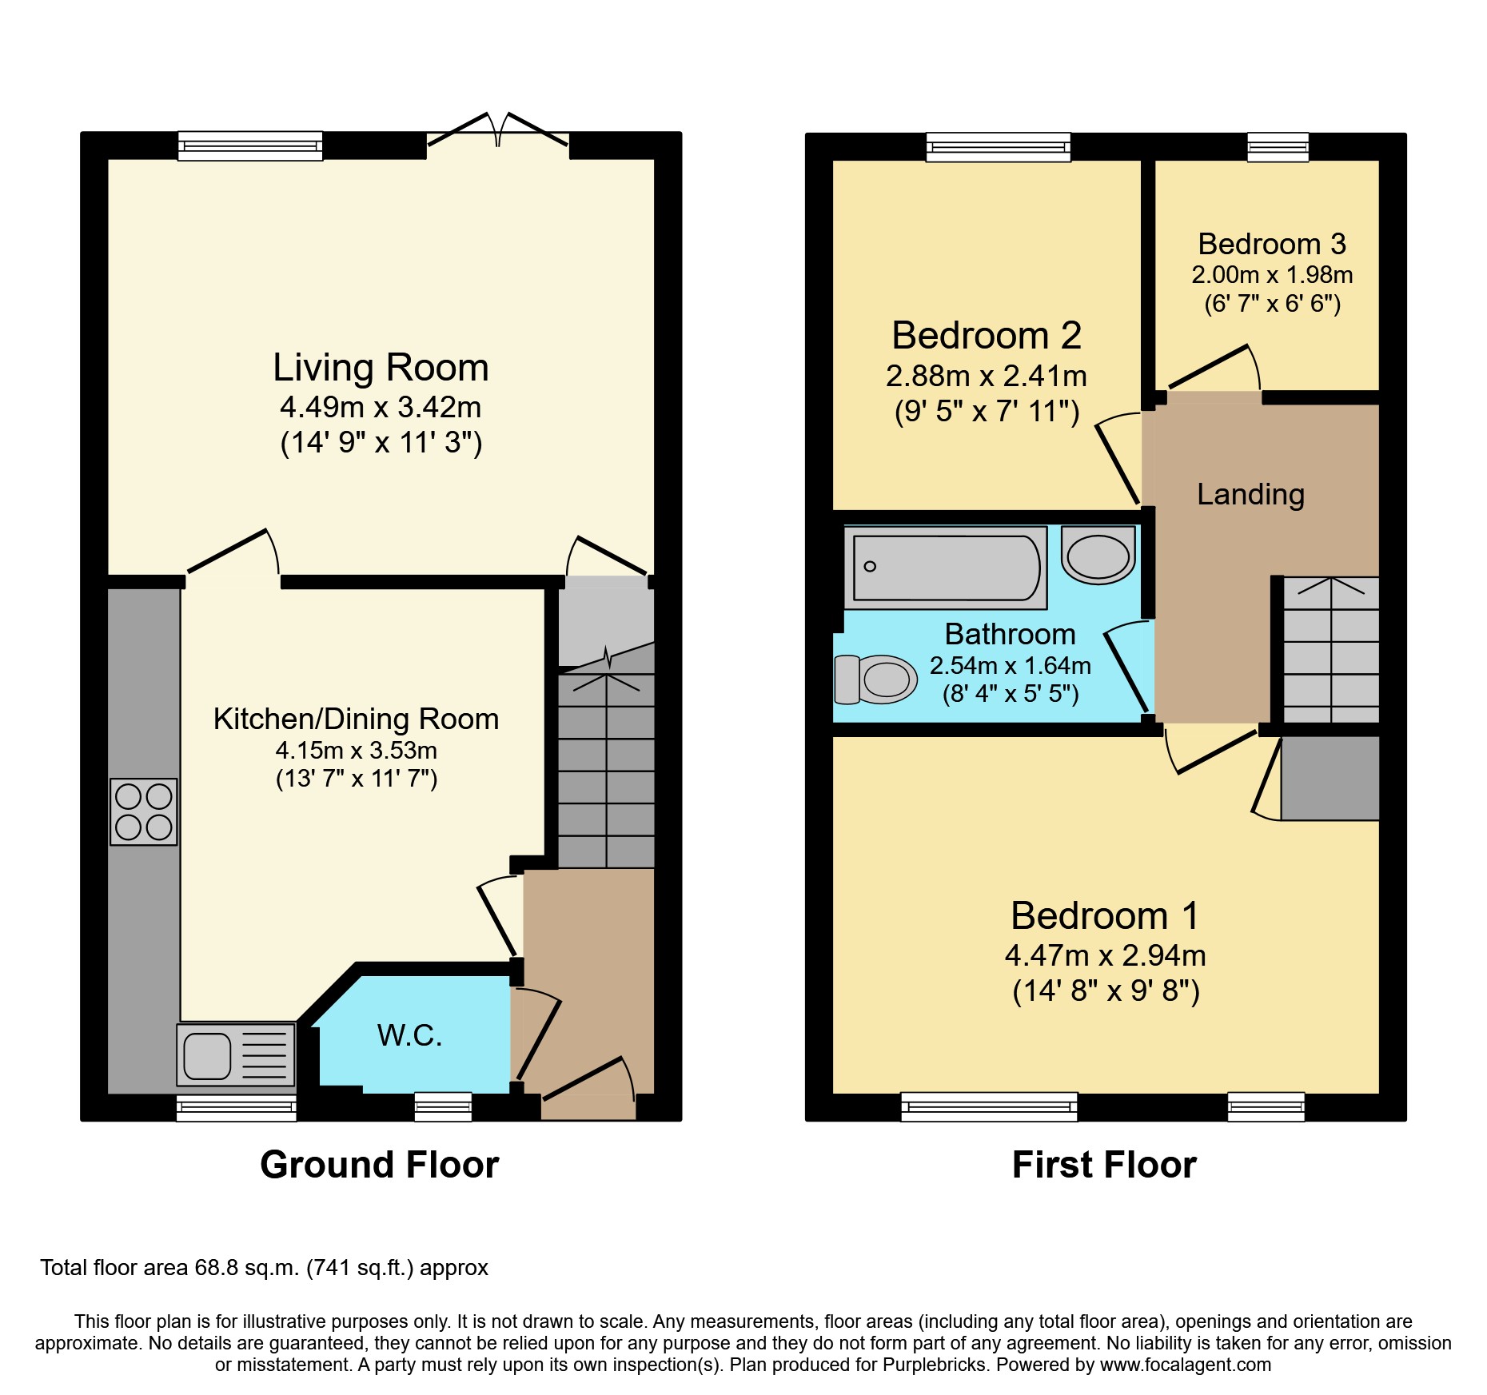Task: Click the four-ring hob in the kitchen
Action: point(144,811)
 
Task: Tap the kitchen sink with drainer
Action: point(236,1056)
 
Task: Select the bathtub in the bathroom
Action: point(946,568)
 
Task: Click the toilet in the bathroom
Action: point(876,680)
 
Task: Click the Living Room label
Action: point(381,368)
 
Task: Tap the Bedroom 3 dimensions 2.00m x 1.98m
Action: point(1272,275)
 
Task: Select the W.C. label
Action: point(409,1035)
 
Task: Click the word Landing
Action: point(1250,494)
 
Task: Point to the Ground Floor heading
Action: point(380,1165)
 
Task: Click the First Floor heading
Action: point(1104,1165)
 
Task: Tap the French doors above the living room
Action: point(498,132)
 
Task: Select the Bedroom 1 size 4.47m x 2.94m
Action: point(1105,955)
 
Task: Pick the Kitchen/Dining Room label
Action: point(356,719)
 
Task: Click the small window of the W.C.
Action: point(443,1106)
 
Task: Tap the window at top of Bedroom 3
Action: point(1278,147)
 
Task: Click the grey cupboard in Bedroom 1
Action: point(1330,778)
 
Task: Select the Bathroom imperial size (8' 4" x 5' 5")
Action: point(1011,693)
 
